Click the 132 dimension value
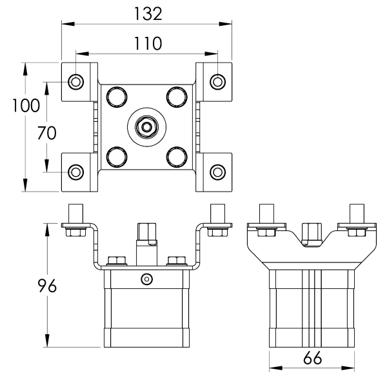click(148, 13)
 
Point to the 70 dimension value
click(47, 133)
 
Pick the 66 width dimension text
click(312, 360)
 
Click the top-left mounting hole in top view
click(76, 81)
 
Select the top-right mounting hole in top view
click(218, 81)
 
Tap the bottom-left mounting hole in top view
click(76, 172)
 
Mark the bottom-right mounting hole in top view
click(218, 172)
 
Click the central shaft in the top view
click(147, 126)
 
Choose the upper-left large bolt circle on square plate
click(117, 97)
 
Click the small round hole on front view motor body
click(147, 279)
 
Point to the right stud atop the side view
click(357, 213)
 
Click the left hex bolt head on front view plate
click(116, 261)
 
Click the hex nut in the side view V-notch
click(312, 233)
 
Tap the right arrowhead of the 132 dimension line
click(228, 25)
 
